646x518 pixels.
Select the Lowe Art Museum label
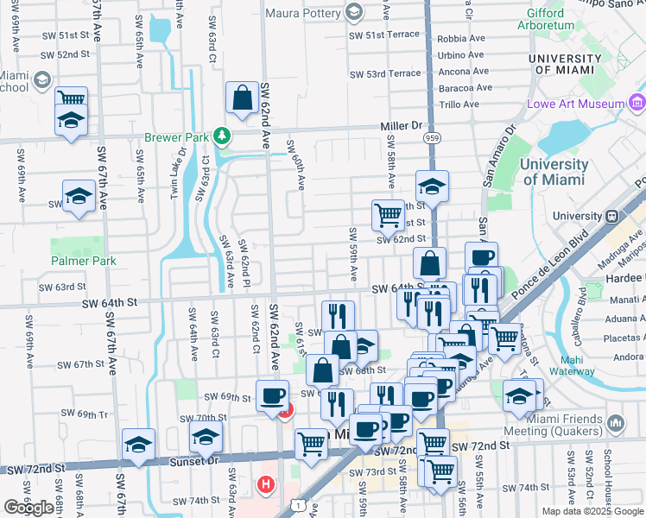tap(575, 104)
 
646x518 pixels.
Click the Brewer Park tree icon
tap(223, 136)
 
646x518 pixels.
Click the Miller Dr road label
tap(400, 126)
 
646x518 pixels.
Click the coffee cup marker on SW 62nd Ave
tap(273, 396)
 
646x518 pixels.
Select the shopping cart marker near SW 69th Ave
tap(71, 100)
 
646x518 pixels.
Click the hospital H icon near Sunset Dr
tap(266, 484)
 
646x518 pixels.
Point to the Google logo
tap(29, 508)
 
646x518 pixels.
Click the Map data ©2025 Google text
tap(592, 511)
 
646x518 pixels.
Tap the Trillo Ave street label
tap(458, 104)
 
